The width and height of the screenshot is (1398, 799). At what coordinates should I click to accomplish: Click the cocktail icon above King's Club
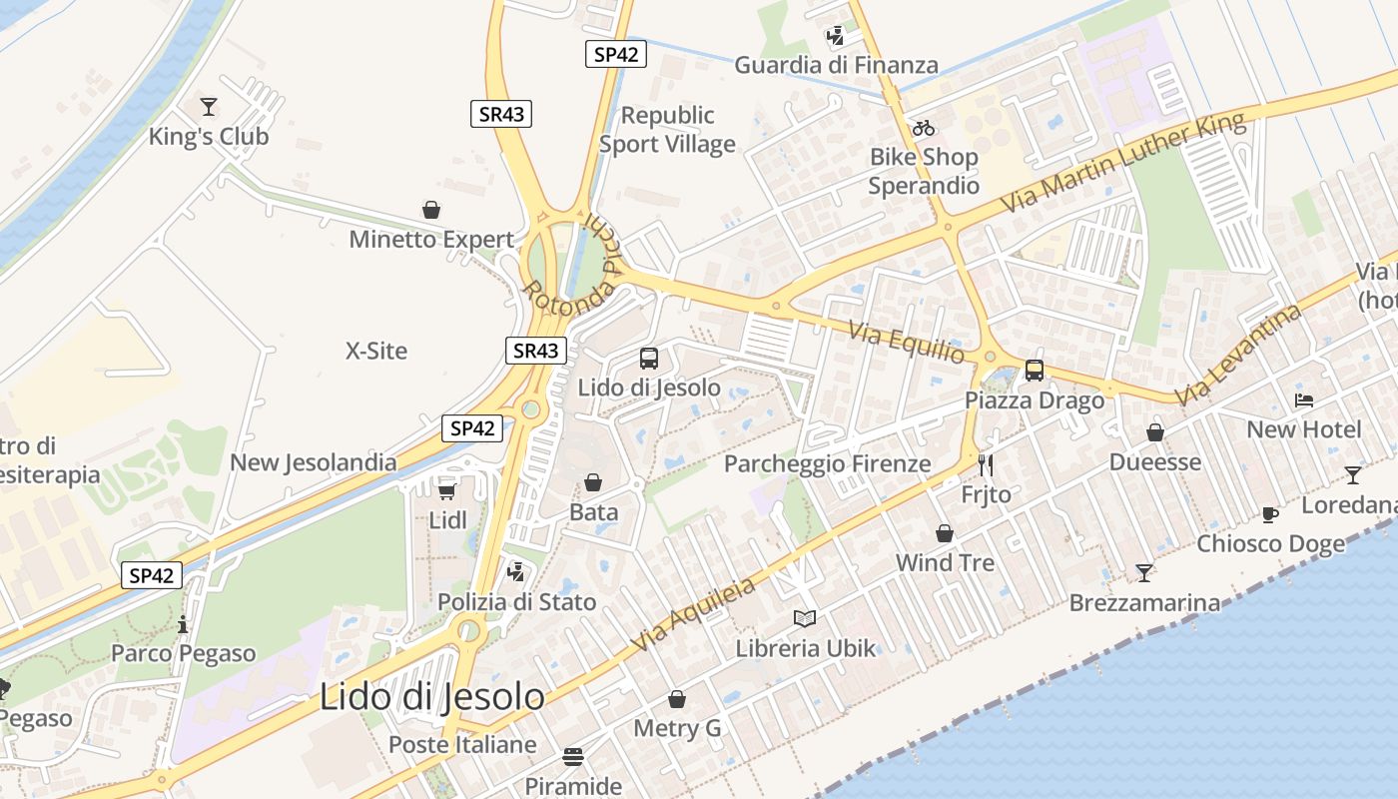[209, 106]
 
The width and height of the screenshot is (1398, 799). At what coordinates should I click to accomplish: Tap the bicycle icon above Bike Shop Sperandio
[924, 128]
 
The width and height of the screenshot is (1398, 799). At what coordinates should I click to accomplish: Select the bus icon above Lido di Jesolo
[649, 358]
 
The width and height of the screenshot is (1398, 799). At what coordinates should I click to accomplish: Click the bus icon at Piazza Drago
[1035, 371]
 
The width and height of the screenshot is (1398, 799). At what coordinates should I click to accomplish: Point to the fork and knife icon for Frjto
[986, 465]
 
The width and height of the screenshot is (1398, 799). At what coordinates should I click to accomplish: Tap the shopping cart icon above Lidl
[447, 490]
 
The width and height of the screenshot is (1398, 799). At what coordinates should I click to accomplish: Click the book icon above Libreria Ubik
[805, 618]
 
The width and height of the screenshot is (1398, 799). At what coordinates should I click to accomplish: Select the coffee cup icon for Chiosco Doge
[1270, 514]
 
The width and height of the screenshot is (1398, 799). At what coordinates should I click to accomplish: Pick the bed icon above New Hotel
[1304, 400]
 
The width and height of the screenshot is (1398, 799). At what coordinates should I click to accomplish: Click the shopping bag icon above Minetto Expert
[431, 210]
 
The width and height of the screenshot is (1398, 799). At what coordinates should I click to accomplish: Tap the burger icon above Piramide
[573, 756]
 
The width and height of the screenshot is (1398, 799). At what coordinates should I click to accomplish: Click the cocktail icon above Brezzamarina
[1144, 572]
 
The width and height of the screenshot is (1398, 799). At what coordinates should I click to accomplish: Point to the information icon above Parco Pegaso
[183, 625]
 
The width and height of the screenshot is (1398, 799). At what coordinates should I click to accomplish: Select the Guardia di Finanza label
[836, 66]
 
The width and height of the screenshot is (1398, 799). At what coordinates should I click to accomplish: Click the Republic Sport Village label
[667, 130]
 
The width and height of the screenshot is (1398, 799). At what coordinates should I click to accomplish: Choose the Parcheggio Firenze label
[827, 463]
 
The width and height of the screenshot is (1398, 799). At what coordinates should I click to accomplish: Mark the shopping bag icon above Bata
[593, 482]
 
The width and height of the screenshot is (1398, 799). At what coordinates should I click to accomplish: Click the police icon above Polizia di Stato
[516, 572]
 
